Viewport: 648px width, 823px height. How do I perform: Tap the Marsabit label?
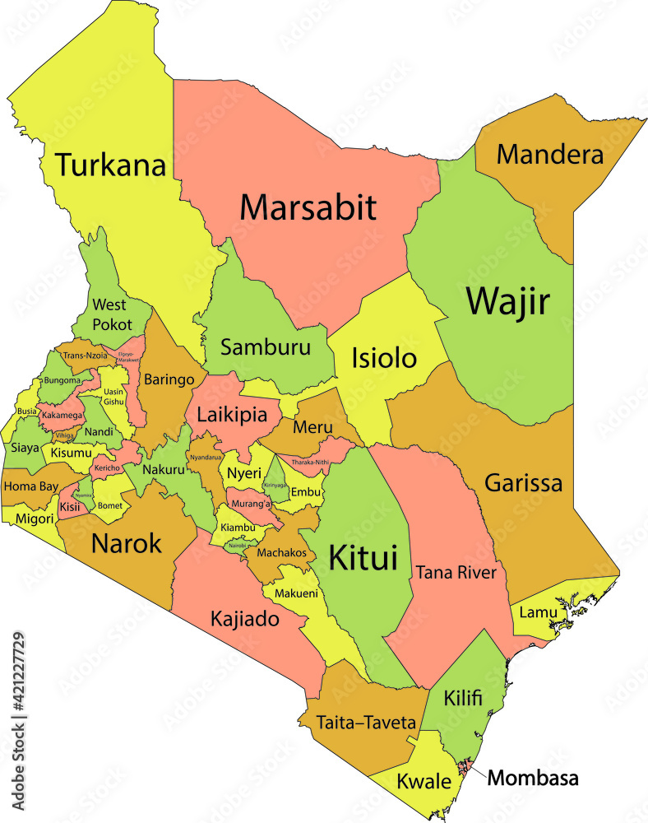click(x=308, y=207)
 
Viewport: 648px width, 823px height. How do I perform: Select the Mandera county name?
click(x=550, y=154)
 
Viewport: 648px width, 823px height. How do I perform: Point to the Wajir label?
click(x=507, y=302)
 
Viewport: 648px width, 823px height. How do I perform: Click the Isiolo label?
click(x=384, y=358)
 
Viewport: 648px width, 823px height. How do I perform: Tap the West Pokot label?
click(x=112, y=314)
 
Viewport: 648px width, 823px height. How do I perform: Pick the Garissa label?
click(x=523, y=482)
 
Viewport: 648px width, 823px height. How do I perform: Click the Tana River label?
click(x=456, y=572)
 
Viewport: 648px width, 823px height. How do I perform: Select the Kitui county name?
click(x=363, y=558)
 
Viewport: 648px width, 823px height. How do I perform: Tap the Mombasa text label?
click(x=533, y=778)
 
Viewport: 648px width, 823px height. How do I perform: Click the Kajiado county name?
click(x=244, y=618)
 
